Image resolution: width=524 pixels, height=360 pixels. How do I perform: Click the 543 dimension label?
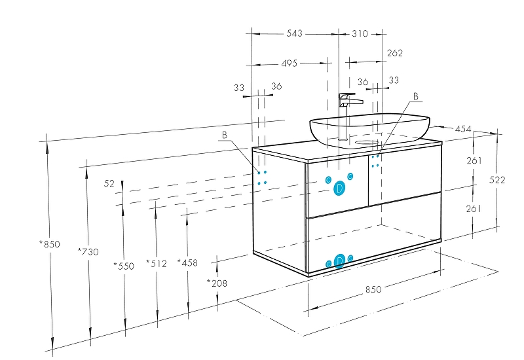pyautogui.click(x=294, y=33)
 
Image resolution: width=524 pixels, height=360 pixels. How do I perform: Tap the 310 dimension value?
pyautogui.click(x=360, y=34)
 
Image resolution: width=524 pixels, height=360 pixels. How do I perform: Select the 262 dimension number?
pyautogui.click(x=395, y=53)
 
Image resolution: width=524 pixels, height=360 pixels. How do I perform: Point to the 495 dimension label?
pyautogui.click(x=290, y=63)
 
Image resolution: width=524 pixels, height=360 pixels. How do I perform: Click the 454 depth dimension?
pyautogui.click(x=463, y=129)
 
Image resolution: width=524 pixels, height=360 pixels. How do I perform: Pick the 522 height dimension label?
pyautogui.click(x=497, y=180)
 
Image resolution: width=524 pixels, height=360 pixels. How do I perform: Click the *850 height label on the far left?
pyautogui.click(x=50, y=244)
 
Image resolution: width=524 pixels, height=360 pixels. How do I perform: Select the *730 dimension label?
pyautogui.click(x=88, y=251)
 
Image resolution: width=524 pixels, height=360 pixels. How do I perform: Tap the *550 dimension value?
pyautogui.click(x=124, y=266)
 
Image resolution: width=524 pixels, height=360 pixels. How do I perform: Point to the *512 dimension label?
pyautogui.click(x=157, y=264)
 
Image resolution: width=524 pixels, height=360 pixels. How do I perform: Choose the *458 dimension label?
pyautogui.click(x=187, y=263)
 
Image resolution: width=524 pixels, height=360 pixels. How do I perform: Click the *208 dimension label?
pyautogui.click(x=217, y=283)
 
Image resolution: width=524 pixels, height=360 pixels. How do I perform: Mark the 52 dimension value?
pyautogui.click(x=109, y=183)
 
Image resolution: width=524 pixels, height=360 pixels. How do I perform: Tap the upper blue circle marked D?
pyautogui.click(x=339, y=189)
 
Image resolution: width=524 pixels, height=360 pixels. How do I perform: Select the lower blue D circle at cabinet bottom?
pyautogui.click(x=339, y=261)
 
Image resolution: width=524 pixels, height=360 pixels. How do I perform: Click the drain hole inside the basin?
pyautogui.click(x=366, y=143)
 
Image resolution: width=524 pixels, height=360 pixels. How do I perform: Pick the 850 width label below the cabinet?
pyautogui.click(x=373, y=289)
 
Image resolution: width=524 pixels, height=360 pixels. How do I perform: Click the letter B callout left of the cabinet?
pyautogui.click(x=225, y=135)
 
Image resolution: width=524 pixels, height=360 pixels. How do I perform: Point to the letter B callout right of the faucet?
pyautogui.click(x=416, y=96)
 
